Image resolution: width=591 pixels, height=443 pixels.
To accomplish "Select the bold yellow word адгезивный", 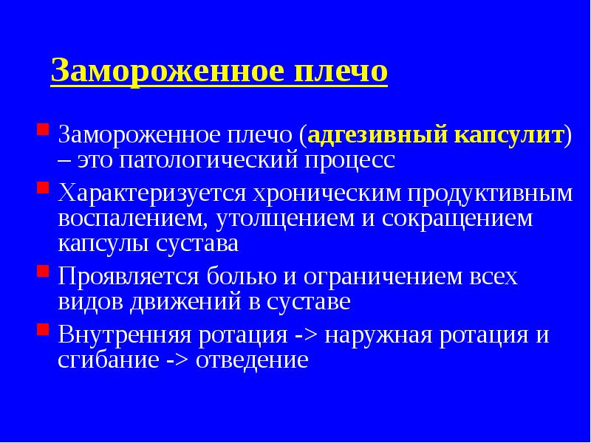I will pos(363,135).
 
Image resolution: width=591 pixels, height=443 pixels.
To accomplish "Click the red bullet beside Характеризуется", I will pos(43,190).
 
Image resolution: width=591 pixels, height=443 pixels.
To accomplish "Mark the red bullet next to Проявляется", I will pos(43,273).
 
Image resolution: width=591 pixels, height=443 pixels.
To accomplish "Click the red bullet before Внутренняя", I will pos(43,332).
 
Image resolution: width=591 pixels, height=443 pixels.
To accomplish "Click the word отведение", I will pos(252,360).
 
